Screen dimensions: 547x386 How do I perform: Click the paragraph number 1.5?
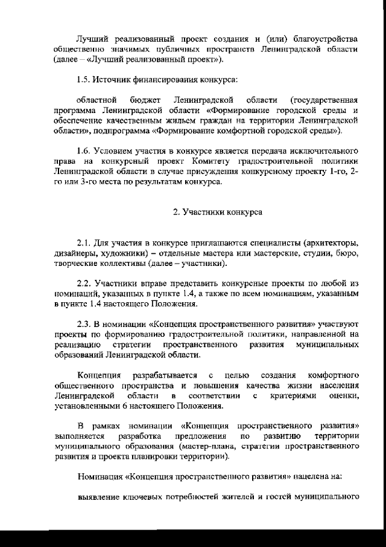click(84, 80)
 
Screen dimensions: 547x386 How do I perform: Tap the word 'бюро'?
click(349, 254)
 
